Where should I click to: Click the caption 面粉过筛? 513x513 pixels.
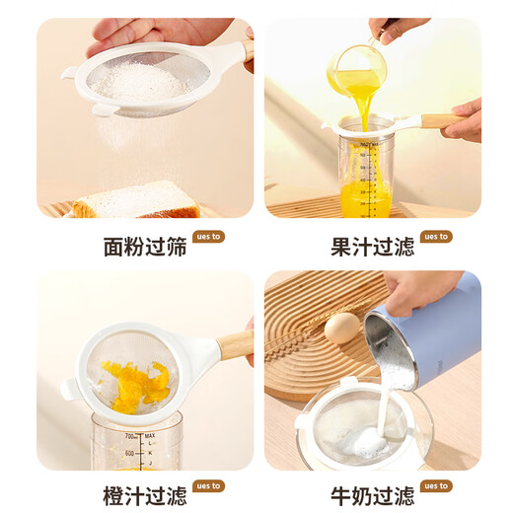click(x=145, y=246)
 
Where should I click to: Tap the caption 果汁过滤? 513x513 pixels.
click(x=372, y=246)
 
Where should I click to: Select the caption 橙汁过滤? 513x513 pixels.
click(x=145, y=495)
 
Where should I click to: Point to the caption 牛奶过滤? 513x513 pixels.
click(x=372, y=495)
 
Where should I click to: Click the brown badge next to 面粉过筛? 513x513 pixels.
click(x=209, y=237)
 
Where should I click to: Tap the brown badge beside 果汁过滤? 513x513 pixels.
click(x=435, y=237)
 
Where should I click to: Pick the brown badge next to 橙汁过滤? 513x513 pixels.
click(x=209, y=486)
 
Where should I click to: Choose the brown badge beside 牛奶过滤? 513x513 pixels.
click(x=435, y=486)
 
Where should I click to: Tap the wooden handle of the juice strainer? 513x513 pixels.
click(x=440, y=121)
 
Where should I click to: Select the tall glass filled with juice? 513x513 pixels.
click(x=366, y=180)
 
